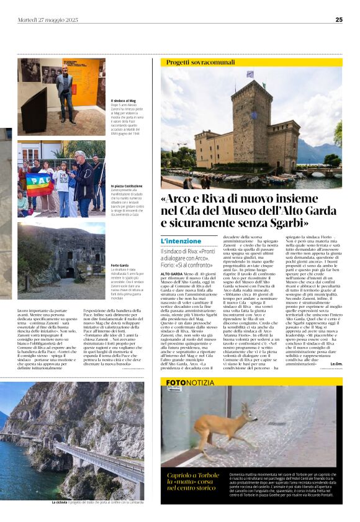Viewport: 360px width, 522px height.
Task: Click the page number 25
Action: click(x=338, y=20)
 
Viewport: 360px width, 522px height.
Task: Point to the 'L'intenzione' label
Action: click(x=181, y=241)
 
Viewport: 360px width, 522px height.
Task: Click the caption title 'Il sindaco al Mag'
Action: click(x=124, y=101)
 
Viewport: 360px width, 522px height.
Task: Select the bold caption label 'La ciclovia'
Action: click(x=61, y=502)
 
